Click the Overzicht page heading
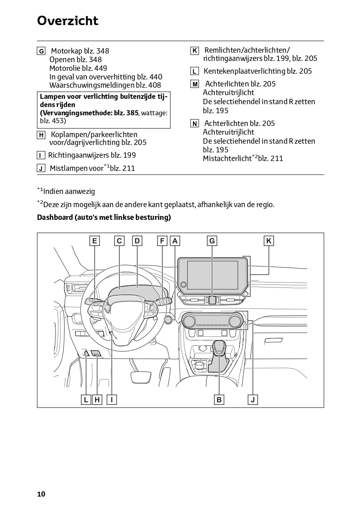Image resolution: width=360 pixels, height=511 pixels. tap(67, 21)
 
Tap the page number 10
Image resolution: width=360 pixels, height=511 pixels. tap(41, 494)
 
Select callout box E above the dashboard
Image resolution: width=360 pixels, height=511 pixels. tap(95, 241)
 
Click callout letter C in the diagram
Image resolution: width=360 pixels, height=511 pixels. tap(119, 241)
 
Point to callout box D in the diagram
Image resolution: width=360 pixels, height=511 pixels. tap(137, 241)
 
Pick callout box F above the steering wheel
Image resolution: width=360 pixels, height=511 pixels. tap(162, 241)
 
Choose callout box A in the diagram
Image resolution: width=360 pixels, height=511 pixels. tap(175, 241)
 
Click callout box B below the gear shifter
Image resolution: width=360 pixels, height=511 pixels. tap(219, 399)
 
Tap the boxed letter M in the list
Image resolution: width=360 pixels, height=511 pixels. tap(195, 84)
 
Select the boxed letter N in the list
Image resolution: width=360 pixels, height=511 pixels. tap(195, 124)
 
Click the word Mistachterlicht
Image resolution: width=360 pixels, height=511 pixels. tap(227, 159)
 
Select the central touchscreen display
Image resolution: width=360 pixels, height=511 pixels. tap(213, 275)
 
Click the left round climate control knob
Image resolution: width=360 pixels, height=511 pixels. tap(190, 320)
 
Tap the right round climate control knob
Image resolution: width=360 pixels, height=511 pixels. tap(236, 320)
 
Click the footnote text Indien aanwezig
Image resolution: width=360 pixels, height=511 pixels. tap(69, 191)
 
